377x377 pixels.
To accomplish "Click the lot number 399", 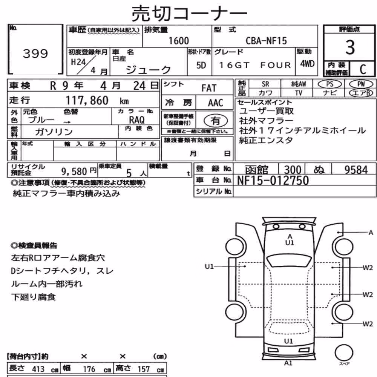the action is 35,54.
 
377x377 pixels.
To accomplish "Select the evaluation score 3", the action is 350,47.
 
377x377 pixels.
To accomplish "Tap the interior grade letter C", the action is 363,69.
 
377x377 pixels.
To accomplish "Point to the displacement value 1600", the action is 179,41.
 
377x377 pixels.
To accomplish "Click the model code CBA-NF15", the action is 266,41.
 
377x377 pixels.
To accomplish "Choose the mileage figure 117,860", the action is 87,100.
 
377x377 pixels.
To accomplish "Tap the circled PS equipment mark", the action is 329,84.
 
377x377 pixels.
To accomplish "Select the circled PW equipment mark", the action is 361,84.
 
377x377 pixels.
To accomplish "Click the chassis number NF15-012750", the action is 273,181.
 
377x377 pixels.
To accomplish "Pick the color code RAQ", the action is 137,120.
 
